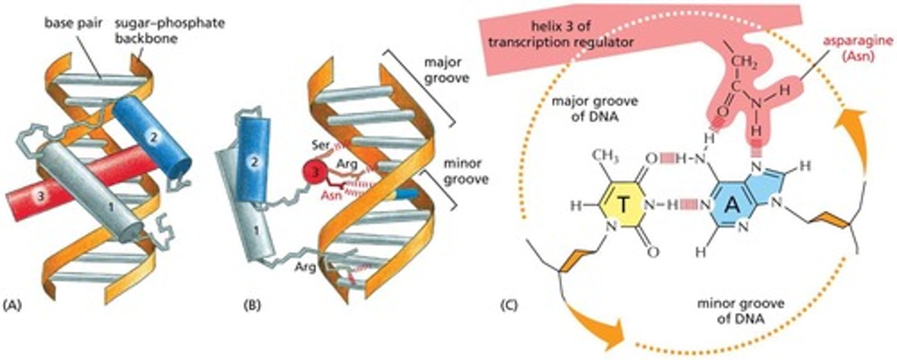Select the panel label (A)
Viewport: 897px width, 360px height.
click(14, 305)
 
